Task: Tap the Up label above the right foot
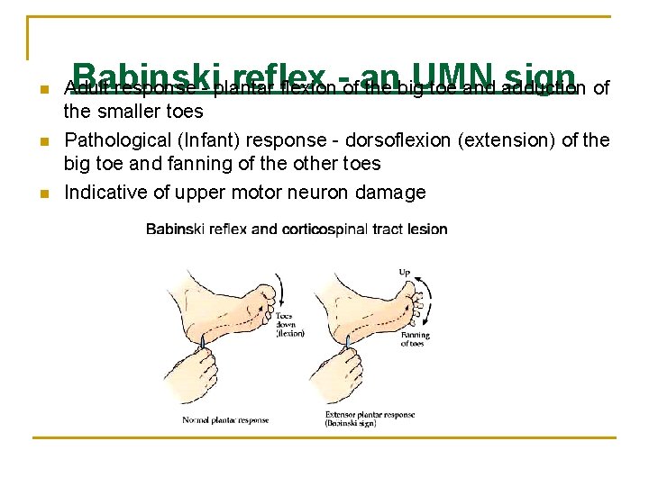[406, 271]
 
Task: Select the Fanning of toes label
[415, 339]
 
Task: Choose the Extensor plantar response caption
[370, 418]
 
